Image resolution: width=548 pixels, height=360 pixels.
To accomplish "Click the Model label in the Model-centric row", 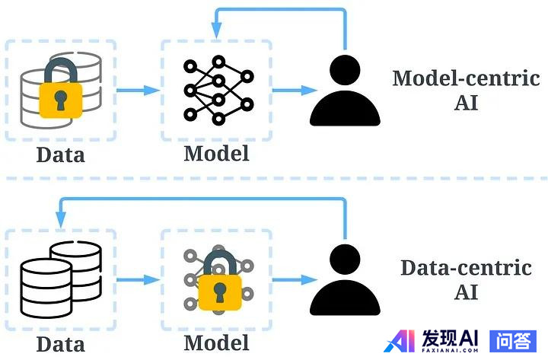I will [x=216, y=153].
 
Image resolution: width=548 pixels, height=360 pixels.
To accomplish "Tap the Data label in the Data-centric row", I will [x=60, y=343].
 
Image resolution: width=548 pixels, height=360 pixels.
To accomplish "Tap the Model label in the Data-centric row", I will [x=216, y=342].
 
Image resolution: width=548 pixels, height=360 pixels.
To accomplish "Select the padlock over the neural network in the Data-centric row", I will [x=221, y=285].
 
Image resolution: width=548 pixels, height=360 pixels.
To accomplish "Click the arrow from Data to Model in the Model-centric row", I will [x=139, y=91].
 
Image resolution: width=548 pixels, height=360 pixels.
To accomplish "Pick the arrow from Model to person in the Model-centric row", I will [x=294, y=91].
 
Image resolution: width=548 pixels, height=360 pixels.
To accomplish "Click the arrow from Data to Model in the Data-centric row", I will [x=139, y=279].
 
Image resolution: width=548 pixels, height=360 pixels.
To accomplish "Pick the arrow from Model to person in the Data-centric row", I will [x=294, y=279].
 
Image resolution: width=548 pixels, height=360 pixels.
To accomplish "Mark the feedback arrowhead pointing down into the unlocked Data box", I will [x=60, y=219].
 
